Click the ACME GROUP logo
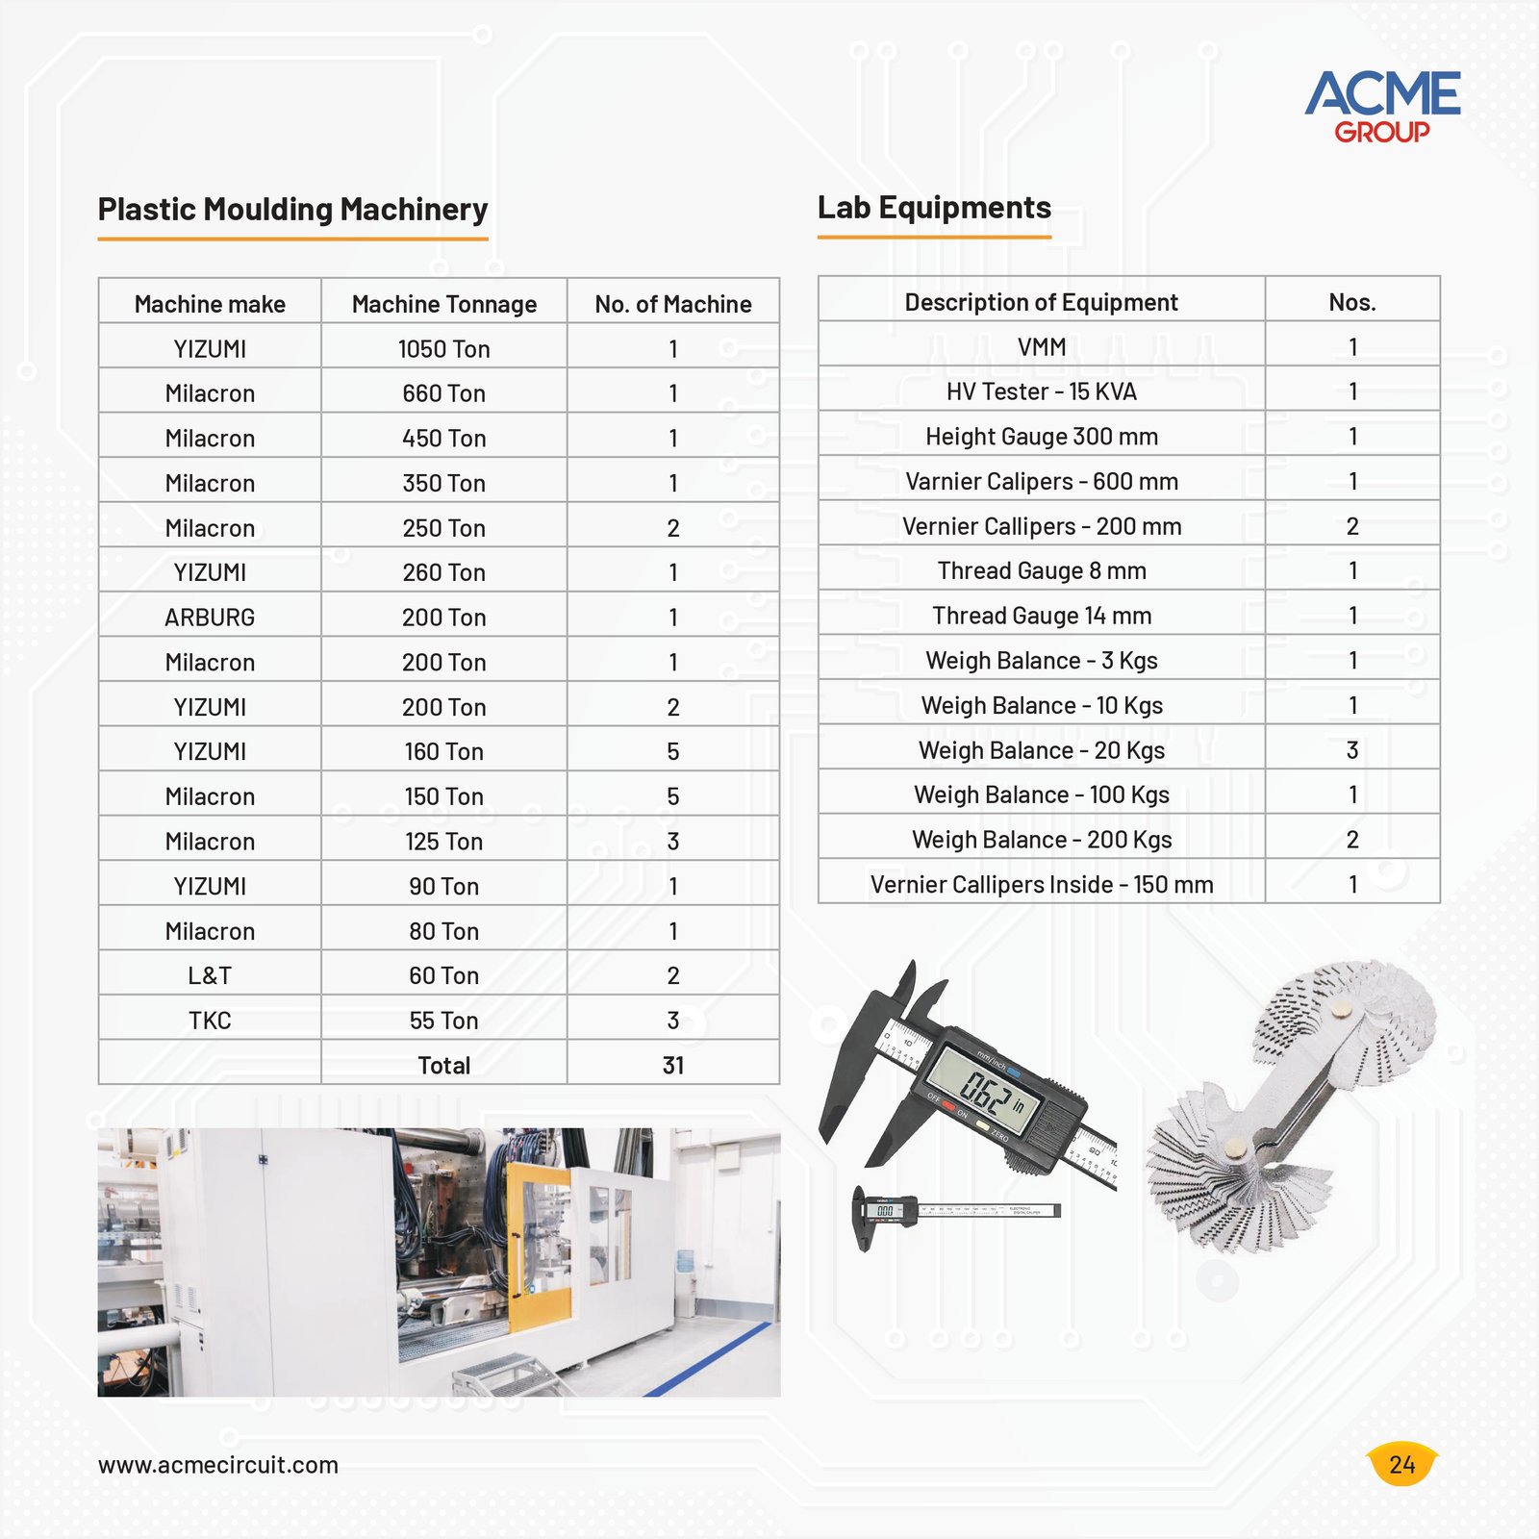pos(1382,107)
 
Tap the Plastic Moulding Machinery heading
pos(292,210)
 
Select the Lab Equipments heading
pos(934,208)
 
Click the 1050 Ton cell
pos(443,349)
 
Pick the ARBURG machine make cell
pos(210,618)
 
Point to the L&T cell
pos(210,975)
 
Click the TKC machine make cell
pos(210,1021)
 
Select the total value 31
pos(673,1066)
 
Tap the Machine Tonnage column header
pos(444,304)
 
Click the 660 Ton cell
pos(443,393)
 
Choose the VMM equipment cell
pos(1042,347)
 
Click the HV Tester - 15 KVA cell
pos(1042,391)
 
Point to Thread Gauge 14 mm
pos(1042,616)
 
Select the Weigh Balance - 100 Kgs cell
pos(1042,795)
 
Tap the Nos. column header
pos(1352,302)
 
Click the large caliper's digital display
pos(988,1093)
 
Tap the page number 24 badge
pos(1402,1464)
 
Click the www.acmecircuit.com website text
pos(218,1465)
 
